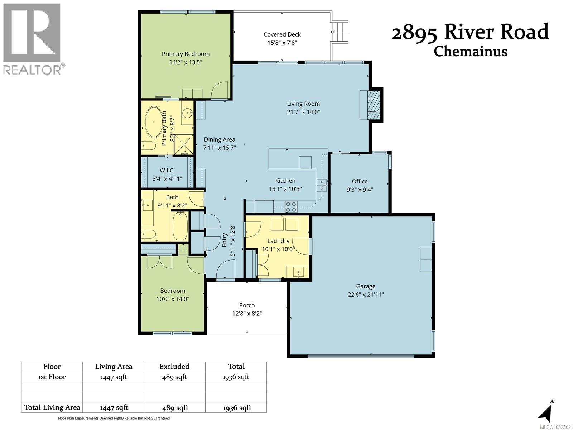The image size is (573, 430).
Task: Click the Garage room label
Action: click(x=366, y=286)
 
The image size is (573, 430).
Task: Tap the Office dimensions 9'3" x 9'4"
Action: click(x=360, y=190)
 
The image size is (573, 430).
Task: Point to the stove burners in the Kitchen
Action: click(x=291, y=207)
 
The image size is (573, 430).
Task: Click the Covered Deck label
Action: click(x=282, y=34)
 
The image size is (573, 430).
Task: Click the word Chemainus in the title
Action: click(x=471, y=51)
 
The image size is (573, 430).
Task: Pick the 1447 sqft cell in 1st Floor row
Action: click(x=113, y=377)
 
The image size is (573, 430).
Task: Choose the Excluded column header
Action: click(x=174, y=366)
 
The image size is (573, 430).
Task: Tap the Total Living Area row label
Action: click(x=52, y=407)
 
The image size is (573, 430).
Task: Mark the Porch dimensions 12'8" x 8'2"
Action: click(x=247, y=314)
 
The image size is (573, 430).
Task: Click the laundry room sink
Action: click(x=298, y=272)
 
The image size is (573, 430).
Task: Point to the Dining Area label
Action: click(x=220, y=139)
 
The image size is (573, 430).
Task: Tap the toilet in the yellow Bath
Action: click(x=149, y=234)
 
